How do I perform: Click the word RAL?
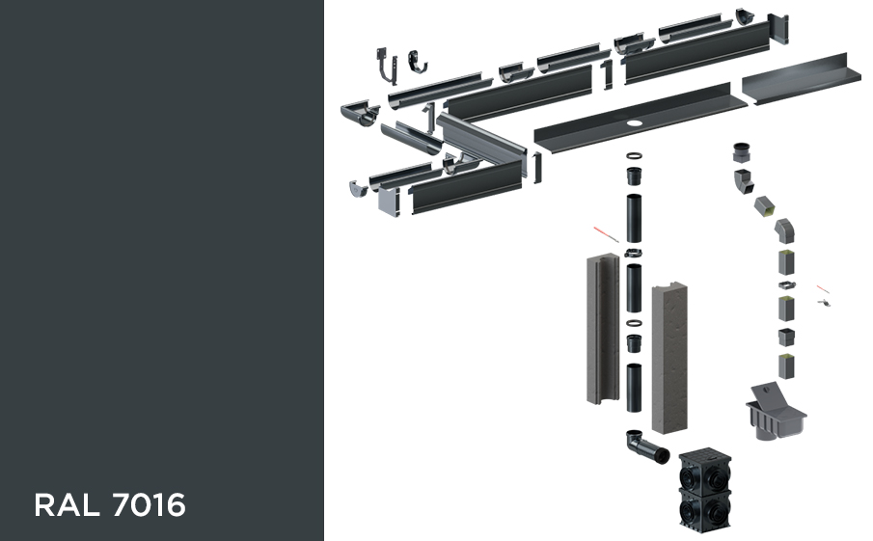pyautogui.click(x=67, y=504)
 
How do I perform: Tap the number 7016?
pyautogui.click(x=149, y=504)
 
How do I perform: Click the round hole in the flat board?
pyautogui.click(x=634, y=122)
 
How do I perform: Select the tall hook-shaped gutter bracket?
pyautogui.click(x=387, y=67)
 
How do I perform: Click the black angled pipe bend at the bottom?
pyautogui.click(x=646, y=446)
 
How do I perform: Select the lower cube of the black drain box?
pyautogui.click(x=704, y=507)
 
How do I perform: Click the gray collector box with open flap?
pyautogui.click(x=775, y=412)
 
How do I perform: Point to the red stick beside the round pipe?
pyautogui.click(x=606, y=233)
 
